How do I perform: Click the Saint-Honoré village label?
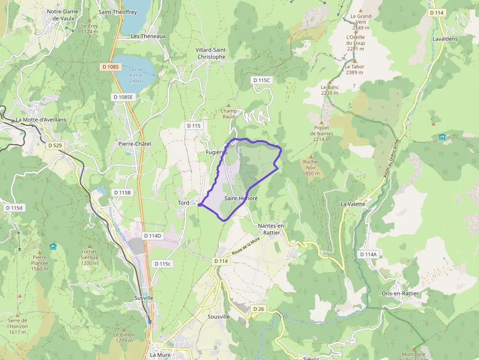[241, 199]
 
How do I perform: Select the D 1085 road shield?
[110, 66]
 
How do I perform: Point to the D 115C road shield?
[261, 80]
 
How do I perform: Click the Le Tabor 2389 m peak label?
[354, 69]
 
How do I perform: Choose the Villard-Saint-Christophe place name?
[211, 53]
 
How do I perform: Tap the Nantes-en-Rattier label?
[272, 229]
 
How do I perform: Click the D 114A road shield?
[368, 254]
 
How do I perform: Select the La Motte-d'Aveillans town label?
[41, 120]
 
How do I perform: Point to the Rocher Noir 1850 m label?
[311, 168]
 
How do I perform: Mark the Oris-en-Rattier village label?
[400, 294]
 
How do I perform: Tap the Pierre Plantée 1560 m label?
[40, 263]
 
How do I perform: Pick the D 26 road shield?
[259, 309]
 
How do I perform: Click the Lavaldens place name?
[445, 38]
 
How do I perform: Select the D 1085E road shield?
[123, 97]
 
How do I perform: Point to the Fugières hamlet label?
[217, 152]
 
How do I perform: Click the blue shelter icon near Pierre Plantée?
[53, 247]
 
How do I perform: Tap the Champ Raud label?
[228, 113]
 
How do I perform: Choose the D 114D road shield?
[152, 235]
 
